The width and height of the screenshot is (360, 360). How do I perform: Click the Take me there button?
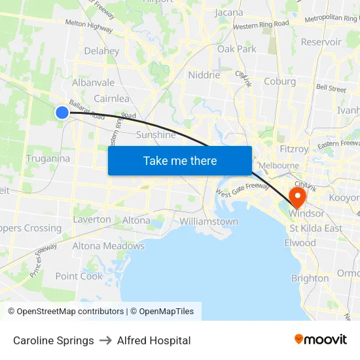[180, 160]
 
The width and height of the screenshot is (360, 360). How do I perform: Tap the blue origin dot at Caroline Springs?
[62, 113]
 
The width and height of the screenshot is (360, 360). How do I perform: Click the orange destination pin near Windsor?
[297, 198]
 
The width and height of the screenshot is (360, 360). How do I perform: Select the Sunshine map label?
[156, 135]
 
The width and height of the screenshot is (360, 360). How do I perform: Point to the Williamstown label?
[209, 221]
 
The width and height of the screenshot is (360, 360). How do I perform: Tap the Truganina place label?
[48, 158]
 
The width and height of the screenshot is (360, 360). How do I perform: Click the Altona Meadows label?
[108, 246]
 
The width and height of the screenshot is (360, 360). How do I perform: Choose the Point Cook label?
[79, 276]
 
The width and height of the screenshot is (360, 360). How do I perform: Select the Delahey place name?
[101, 51]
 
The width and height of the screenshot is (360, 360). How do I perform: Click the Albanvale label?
[93, 82]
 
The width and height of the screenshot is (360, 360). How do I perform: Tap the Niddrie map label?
[204, 75]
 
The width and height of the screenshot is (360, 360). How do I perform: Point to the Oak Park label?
[237, 48]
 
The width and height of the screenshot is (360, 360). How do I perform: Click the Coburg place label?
[280, 81]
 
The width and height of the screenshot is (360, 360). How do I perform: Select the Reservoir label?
[321, 42]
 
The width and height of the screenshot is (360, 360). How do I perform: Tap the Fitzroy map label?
[294, 149]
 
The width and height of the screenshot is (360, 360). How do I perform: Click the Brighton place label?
[310, 278]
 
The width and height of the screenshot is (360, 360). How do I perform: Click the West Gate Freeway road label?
[242, 190]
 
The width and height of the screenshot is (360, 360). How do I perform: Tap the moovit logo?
[321, 339]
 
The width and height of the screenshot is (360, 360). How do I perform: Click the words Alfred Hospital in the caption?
[154, 340]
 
